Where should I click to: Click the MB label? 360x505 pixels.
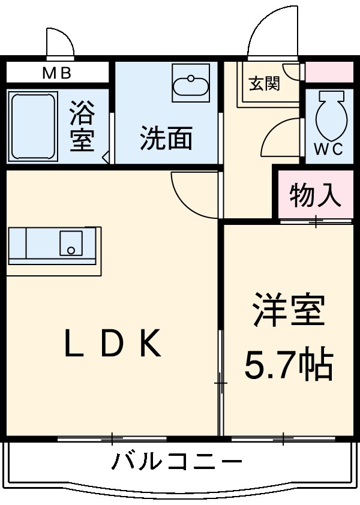pos(56,74)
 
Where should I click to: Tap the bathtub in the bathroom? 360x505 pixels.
pos(33,127)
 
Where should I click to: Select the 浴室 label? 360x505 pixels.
pos(82,126)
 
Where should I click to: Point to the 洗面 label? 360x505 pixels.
pos(166,139)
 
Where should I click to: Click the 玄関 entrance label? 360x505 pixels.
pos(264,83)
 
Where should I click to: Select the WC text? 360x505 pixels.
pos(329,150)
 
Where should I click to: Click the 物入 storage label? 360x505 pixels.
pos(316,195)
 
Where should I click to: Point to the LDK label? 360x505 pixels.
pos(113,344)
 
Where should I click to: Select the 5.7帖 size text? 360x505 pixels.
pos(289,363)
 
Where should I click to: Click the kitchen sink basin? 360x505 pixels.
pos(71,244)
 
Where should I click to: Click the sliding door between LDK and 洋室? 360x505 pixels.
pos(220,381)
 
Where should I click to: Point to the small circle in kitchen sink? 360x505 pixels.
pos(71,250)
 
